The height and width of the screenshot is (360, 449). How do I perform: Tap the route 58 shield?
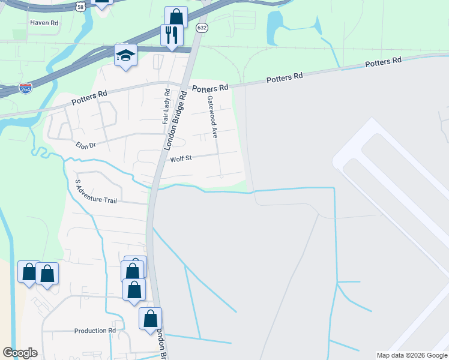(x=81, y=6)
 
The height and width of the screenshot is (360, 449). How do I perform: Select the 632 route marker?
(x=202, y=28)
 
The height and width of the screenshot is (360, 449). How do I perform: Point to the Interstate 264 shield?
(x=25, y=88)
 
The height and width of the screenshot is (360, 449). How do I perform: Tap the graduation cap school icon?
(x=125, y=55)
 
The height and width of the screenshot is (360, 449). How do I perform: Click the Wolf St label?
(x=180, y=159)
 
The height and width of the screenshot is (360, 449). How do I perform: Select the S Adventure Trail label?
(x=94, y=192)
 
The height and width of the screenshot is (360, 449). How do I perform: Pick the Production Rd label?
(x=95, y=331)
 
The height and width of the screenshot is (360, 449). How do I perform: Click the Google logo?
(x=20, y=353)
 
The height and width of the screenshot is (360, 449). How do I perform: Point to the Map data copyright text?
(x=411, y=355)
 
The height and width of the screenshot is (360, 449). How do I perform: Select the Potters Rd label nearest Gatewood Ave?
(x=210, y=88)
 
